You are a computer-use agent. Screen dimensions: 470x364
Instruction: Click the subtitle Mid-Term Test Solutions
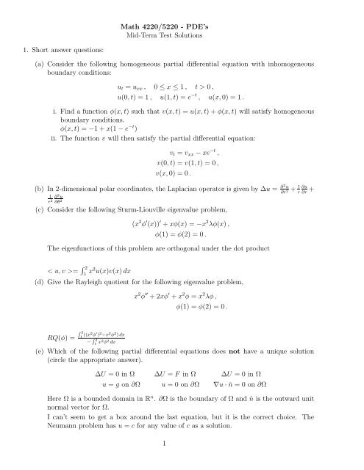[x=181, y=38]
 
